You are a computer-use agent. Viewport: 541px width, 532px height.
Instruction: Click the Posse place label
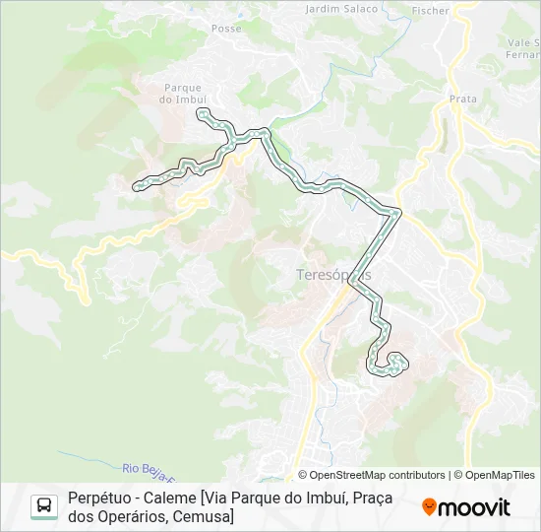coord(226,29)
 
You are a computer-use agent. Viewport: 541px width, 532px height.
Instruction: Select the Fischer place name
coord(431,11)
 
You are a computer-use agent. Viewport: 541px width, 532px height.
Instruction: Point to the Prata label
coord(462,100)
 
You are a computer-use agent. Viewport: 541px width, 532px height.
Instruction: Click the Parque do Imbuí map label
coord(184,94)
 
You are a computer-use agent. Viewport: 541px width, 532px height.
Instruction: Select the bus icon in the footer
coord(44,506)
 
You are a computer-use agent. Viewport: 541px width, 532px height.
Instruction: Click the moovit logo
coord(466,507)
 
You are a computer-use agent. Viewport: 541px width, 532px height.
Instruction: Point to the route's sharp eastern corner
coord(398,211)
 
